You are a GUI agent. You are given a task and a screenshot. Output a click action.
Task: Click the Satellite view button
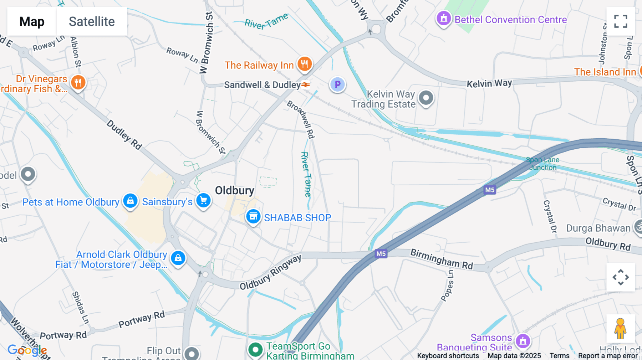tap(92, 22)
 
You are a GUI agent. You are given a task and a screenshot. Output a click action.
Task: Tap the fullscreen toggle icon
tap(621, 21)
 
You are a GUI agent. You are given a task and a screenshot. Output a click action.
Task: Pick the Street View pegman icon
tap(620, 329)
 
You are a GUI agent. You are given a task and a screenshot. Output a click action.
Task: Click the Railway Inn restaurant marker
tap(304, 64)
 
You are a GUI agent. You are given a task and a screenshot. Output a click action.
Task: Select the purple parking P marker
tap(337, 85)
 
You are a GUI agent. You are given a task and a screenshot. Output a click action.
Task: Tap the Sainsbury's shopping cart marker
tap(203, 201)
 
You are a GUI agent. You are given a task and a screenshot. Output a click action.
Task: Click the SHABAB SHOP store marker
tap(253, 216)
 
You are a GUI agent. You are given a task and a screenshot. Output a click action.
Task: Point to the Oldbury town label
tap(234, 190)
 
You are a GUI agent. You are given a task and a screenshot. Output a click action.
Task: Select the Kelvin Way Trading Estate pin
tap(426, 98)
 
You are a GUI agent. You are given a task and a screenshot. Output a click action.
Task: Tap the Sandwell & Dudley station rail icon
tap(306, 85)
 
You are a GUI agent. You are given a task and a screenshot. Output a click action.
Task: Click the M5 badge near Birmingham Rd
tap(381, 254)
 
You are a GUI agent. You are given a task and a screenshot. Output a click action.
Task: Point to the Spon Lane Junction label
tap(542, 164)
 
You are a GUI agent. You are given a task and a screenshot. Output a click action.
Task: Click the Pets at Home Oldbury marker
tap(130, 201)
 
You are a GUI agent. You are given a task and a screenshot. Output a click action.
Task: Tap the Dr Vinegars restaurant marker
tap(78, 82)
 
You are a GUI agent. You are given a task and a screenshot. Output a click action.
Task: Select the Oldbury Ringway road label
tap(270, 272)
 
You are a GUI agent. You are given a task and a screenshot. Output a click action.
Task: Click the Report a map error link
tap(607, 356)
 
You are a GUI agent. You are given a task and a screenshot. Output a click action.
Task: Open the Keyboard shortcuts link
tap(448, 356)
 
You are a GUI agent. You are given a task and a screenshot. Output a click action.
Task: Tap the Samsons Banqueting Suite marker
tap(523, 341)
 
